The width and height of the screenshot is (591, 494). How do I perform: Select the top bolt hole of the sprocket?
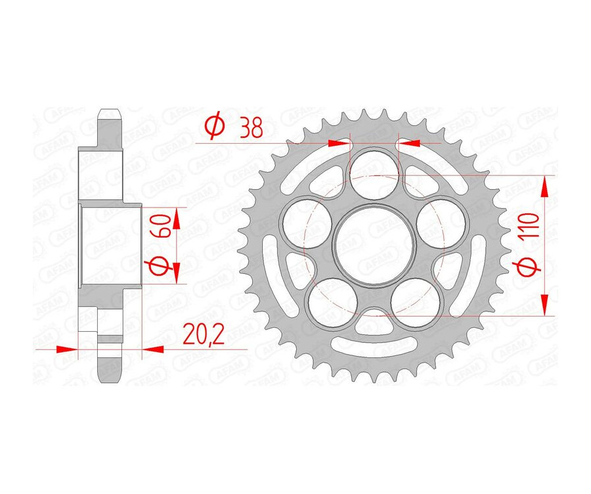(374, 172)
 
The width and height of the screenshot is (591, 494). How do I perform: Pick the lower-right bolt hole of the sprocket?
(416, 302)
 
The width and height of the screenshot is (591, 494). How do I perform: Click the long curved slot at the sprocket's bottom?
(374, 346)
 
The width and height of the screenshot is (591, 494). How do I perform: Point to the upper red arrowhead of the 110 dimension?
(544, 187)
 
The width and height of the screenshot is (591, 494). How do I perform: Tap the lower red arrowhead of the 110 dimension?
(544, 305)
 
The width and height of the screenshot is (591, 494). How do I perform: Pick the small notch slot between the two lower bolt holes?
(374, 313)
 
